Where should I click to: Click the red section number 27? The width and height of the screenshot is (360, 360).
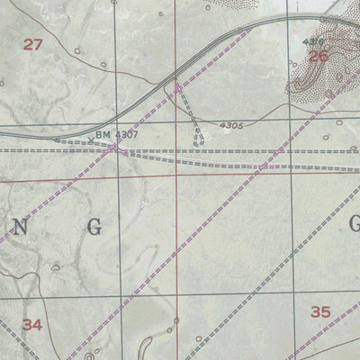click(x=32, y=43)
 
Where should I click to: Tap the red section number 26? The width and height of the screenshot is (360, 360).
click(x=318, y=56)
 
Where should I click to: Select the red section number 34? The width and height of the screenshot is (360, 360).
click(x=32, y=325)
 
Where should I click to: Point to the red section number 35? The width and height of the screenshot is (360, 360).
click(x=320, y=312)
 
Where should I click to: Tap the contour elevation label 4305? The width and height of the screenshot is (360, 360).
click(x=230, y=126)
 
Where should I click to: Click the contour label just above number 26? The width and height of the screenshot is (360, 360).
click(x=312, y=41)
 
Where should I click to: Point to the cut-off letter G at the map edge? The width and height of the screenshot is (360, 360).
click(x=354, y=224)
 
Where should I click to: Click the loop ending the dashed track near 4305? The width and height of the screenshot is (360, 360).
click(x=199, y=139)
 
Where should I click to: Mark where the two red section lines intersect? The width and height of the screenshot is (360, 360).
click(x=176, y=178)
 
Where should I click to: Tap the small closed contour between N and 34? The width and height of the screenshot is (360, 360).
click(x=56, y=266)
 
